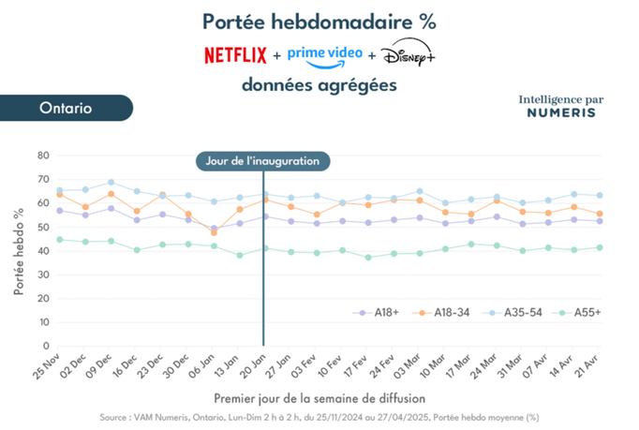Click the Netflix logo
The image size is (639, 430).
235,55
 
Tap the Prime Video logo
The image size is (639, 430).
325,57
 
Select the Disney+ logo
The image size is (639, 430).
408,52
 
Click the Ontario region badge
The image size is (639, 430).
67,108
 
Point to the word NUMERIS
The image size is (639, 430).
561,113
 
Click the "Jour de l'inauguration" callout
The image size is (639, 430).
263,161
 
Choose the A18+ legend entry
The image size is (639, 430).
376,313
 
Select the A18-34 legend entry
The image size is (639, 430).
440,313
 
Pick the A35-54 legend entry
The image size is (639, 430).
512,313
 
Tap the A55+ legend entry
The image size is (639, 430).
576,313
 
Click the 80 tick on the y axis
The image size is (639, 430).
43,156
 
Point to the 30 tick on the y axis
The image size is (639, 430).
43,274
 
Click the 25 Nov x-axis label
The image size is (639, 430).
47,366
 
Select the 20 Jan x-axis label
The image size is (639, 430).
253,366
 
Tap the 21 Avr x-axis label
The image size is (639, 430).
587,366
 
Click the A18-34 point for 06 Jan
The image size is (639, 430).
214,232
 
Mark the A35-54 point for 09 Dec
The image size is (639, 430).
111,182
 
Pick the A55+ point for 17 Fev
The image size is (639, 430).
368,258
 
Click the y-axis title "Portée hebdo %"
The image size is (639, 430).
19,251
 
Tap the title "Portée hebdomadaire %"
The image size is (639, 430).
319,22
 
